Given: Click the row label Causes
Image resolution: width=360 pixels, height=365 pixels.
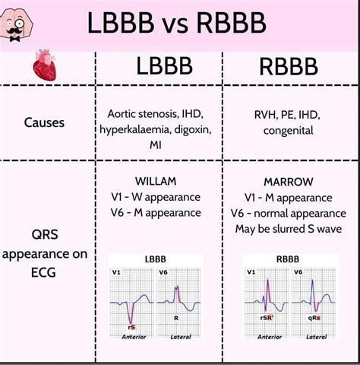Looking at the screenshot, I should (x=45, y=121).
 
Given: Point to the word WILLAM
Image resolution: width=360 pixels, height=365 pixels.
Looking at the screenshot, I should (x=156, y=182).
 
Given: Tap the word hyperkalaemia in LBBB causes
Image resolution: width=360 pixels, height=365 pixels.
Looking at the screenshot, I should (x=133, y=130).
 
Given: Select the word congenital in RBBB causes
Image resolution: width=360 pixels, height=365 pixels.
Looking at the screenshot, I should (x=289, y=130).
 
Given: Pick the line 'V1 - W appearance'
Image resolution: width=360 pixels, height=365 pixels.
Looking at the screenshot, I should (x=156, y=198).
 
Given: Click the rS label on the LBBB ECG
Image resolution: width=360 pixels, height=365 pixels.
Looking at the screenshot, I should (x=131, y=326).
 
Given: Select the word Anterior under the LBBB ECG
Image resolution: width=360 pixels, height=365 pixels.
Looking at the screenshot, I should (x=134, y=336).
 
